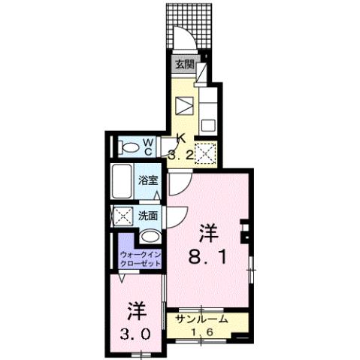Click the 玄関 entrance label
click(x=185, y=64)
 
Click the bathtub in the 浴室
click(x=123, y=180)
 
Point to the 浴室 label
click(x=148, y=180)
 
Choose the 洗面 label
click(x=147, y=216)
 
